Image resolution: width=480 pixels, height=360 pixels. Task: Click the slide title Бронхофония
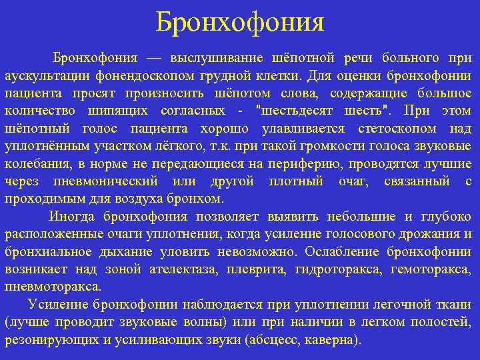[240, 23]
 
